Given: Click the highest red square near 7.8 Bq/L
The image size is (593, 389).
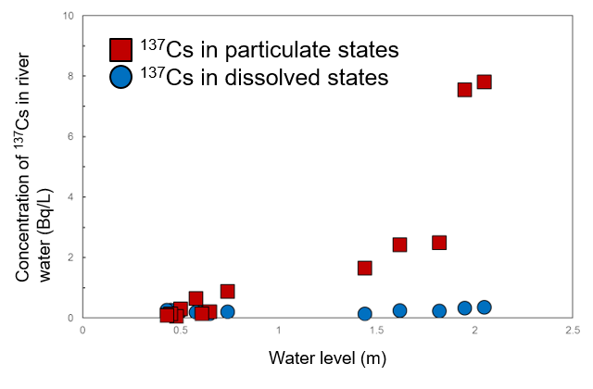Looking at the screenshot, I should coord(484,82).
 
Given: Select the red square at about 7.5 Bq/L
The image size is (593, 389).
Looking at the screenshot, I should coord(465,89).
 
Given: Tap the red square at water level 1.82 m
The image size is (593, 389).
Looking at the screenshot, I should coord(439,243).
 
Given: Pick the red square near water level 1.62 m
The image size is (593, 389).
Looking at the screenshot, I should coord(400,245).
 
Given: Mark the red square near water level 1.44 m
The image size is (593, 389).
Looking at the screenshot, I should coord(365,268).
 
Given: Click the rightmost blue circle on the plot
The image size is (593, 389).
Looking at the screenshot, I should coord(484,307).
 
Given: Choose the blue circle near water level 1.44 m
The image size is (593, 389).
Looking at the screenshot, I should coord(365,314).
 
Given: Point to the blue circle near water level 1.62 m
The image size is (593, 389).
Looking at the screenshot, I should coord(400,310).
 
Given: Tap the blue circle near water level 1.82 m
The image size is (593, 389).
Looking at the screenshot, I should coord(439,311).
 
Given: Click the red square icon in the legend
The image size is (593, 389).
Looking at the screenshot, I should coord(120,48).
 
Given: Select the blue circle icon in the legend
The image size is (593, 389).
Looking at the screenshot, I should coord(120,78).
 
